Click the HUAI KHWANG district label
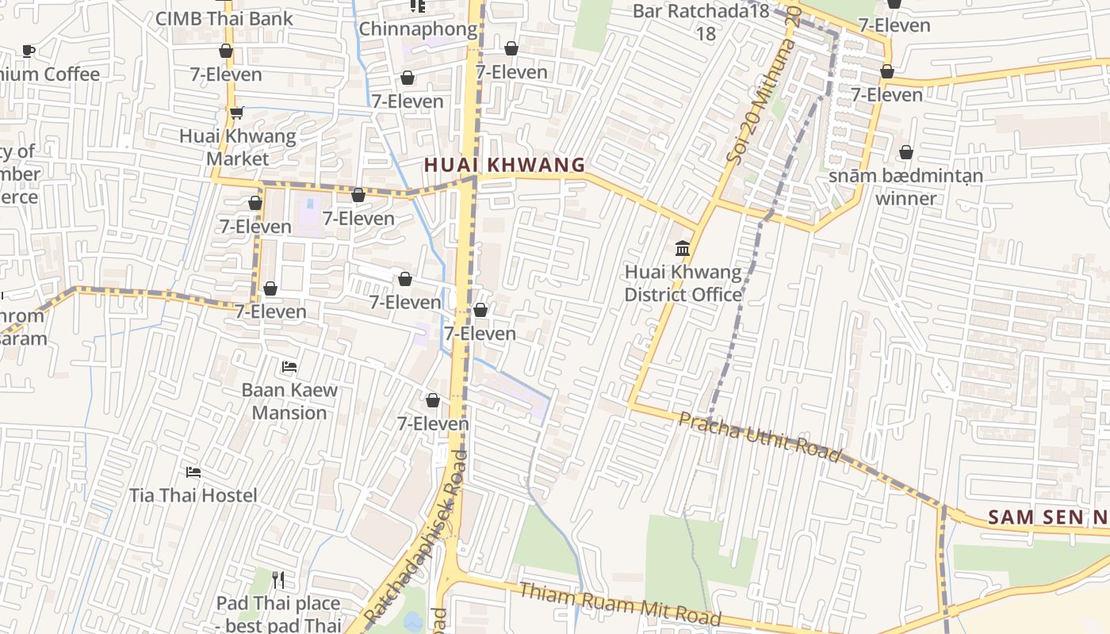[504, 165]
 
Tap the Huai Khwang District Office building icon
[683, 249]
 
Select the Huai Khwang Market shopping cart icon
[236, 113]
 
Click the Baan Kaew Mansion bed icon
[289, 367]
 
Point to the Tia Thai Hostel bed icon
[193, 472]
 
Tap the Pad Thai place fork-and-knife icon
[277, 580]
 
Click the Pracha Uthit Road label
[759, 437]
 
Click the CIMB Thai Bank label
[224, 18]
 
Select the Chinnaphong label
[419, 29]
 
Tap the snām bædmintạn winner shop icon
[905, 152]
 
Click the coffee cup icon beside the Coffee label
[29, 52]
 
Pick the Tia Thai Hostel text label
[193, 495]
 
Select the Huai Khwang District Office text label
[683, 284]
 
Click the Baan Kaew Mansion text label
[289, 401]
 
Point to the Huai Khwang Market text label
[237, 147]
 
